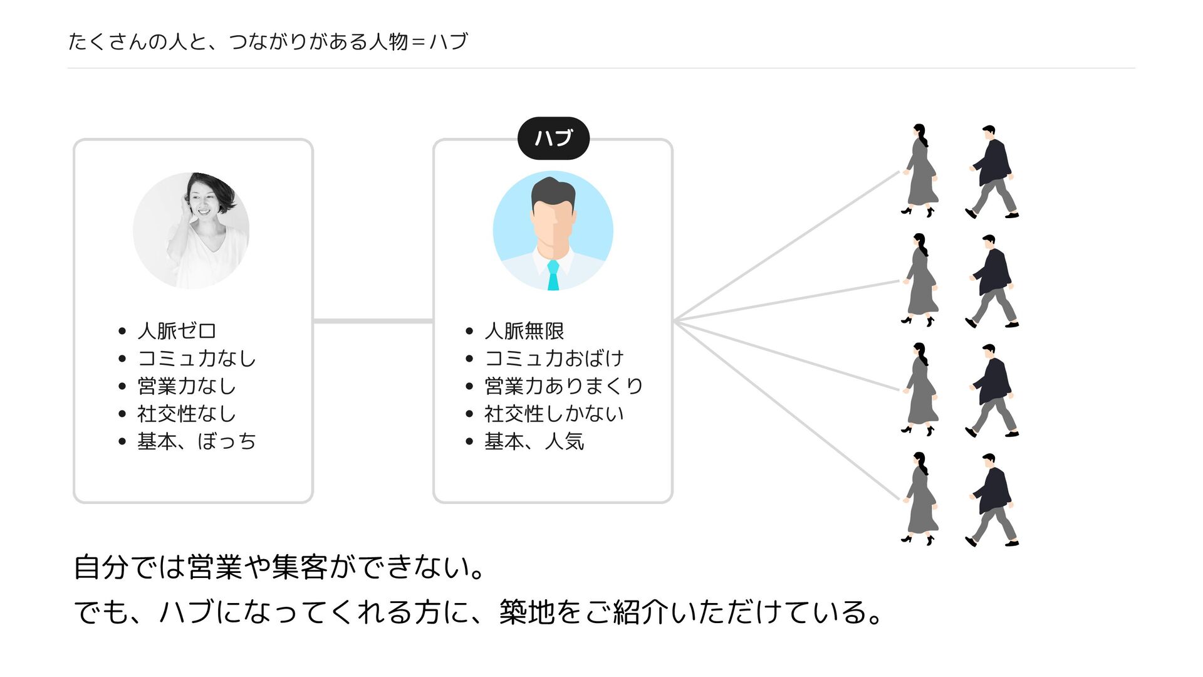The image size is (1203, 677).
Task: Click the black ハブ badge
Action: click(x=553, y=138)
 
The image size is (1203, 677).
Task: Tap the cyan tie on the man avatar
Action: click(x=553, y=276)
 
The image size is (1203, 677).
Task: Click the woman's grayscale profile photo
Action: click(x=191, y=230)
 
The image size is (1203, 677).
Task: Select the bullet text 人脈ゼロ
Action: click(x=177, y=331)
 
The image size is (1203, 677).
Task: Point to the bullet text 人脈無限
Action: click(x=524, y=331)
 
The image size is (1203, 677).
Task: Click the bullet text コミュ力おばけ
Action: click(x=554, y=359)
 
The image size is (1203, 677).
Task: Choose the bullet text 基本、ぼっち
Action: click(x=197, y=441)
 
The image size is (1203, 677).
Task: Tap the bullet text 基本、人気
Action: click(x=534, y=441)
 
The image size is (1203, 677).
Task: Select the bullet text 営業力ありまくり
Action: click(x=563, y=386)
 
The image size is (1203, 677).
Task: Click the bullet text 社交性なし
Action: click(x=186, y=414)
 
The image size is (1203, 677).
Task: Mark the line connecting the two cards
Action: click(x=373, y=321)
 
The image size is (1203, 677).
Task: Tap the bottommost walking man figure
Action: click(x=992, y=500)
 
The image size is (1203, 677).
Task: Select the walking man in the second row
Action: click(x=992, y=281)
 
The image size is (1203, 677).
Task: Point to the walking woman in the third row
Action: click(x=920, y=389)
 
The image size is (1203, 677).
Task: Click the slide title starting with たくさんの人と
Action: click(x=268, y=41)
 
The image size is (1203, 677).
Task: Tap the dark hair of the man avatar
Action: click(x=553, y=190)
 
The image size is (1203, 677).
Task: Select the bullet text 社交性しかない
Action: click(x=554, y=414)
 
